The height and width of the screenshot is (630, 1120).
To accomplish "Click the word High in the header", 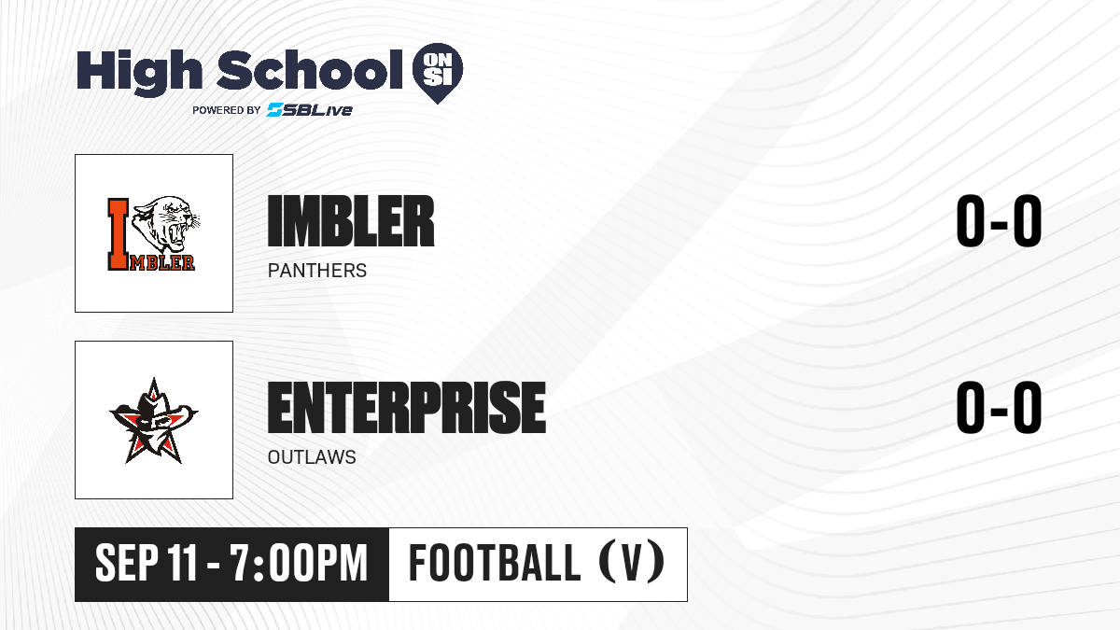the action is click(x=139, y=73).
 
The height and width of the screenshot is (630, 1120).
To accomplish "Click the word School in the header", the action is click(x=310, y=70).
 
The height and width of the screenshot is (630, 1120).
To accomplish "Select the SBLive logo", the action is click(x=310, y=110).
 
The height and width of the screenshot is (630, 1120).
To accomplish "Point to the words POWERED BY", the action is click(x=227, y=110).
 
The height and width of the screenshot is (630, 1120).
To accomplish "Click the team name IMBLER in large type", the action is click(x=351, y=221).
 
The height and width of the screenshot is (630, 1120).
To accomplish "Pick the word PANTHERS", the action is click(x=317, y=271).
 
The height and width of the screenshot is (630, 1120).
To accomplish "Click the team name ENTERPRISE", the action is click(x=407, y=408).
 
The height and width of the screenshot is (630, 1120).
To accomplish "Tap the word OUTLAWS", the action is click(x=312, y=457).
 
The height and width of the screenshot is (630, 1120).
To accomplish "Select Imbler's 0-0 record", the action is click(x=999, y=221).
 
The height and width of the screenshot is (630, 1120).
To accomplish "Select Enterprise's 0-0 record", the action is click(x=999, y=408).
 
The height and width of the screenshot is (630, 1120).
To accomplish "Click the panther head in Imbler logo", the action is click(x=166, y=225).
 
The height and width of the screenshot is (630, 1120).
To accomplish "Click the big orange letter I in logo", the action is click(x=119, y=234).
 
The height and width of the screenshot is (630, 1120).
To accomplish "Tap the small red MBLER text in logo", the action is click(x=162, y=262).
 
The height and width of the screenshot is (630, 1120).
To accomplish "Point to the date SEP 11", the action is click(x=146, y=564).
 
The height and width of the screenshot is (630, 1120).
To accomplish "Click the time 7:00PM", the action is click(x=299, y=564).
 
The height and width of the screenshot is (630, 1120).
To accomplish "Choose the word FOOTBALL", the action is click(x=495, y=564).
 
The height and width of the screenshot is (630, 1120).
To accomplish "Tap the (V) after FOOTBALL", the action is click(x=632, y=564).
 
